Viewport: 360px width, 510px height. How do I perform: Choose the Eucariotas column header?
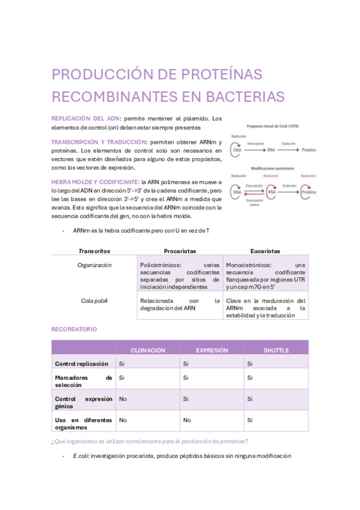pos(265,251)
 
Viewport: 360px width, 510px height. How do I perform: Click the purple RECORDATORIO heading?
pos(74,330)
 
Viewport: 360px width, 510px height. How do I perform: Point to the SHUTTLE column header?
pos(276,350)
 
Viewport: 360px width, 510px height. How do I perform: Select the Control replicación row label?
pos(82,364)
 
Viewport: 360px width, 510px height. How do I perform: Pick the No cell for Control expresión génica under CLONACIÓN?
pos(123,399)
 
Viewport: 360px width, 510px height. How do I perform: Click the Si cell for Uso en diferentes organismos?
pos(249,420)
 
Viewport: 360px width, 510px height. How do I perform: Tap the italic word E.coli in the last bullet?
pos(81,456)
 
